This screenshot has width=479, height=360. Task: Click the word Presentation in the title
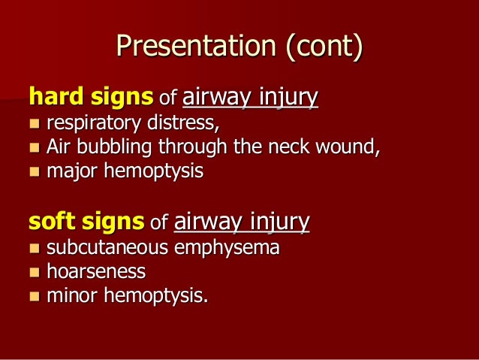pyautogui.click(x=197, y=47)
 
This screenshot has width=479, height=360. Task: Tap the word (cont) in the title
pyautogui.click(x=324, y=47)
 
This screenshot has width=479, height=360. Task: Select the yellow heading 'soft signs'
pyautogui.click(x=86, y=222)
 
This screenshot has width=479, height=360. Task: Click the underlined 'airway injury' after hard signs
pyautogui.click(x=250, y=97)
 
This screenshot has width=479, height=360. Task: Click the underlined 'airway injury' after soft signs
pyautogui.click(x=242, y=222)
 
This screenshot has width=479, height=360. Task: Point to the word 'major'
pyautogui.click(x=71, y=171)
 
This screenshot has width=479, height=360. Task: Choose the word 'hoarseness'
pyautogui.click(x=96, y=271)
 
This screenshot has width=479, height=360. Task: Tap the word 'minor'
pyautogui.click(x=71, y=295)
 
